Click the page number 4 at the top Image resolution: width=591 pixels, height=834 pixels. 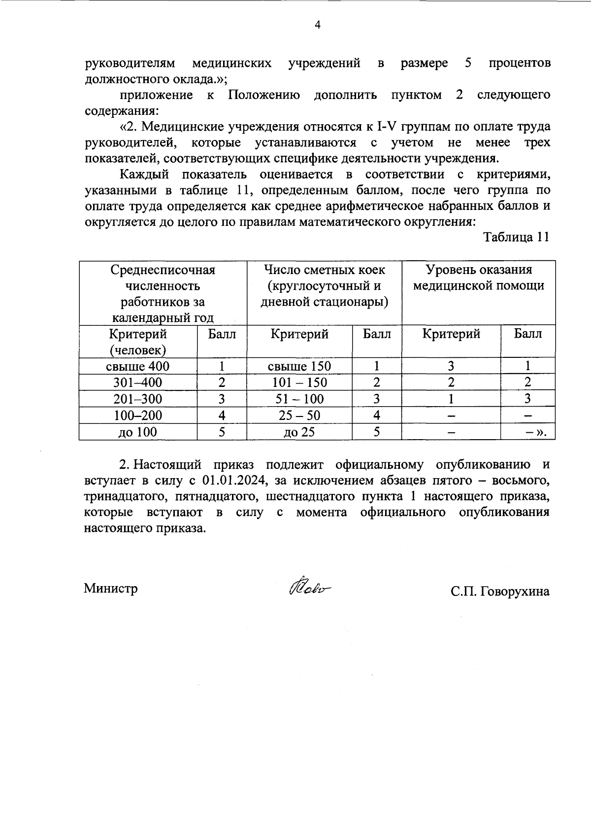point(317,25)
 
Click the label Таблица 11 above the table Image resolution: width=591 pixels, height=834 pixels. point(516,237)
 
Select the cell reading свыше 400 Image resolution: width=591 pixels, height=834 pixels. point(138,366)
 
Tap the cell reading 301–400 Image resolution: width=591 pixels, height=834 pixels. point(138,382)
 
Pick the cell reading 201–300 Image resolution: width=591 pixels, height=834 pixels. point(138,399)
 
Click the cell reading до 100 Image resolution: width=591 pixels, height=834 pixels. point(138,432)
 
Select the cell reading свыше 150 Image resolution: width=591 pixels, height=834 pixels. point(299,366)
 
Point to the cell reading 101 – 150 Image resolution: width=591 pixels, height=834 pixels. point(299,382)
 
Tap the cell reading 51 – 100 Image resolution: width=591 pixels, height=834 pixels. point(299,399)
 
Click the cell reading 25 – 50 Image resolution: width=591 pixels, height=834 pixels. point(299,416)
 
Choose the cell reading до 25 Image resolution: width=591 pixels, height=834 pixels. point(299,432)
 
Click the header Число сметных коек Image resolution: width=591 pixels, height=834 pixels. point(325,285)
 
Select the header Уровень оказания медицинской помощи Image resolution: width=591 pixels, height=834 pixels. point(479,278)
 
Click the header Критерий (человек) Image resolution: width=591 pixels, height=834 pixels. point(138,342)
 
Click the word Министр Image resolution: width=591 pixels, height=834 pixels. point(111,589)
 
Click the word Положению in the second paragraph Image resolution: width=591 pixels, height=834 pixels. point(264,95)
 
